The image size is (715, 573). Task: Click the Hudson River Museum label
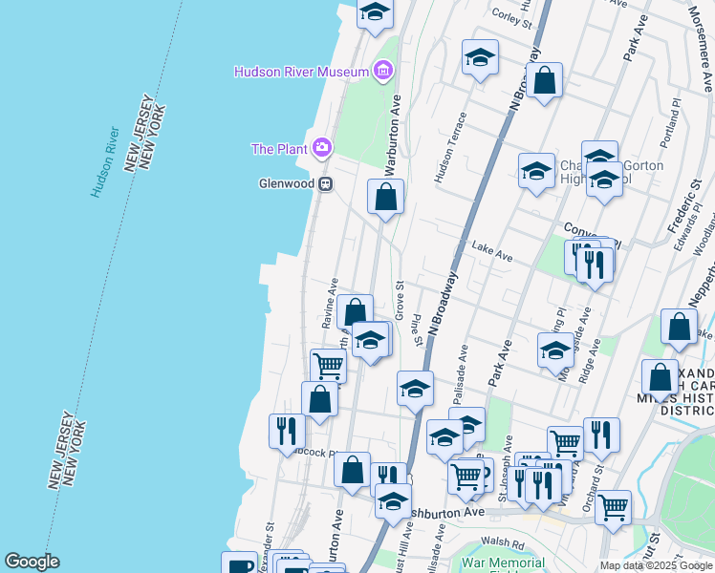coord(302,72)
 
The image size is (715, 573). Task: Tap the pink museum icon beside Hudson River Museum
coord(382,71)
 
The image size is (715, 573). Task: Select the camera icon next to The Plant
coord(322,147)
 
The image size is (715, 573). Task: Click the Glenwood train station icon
coord(325,183)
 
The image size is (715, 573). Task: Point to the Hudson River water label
coord(105,160)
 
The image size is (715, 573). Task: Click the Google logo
coord(32,561)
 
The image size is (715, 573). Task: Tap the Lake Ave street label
coord(492,252)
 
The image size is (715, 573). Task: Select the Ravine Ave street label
coord(330,303)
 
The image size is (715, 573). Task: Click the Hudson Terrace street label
coord(451,146)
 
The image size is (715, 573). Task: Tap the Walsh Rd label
coord(505,545)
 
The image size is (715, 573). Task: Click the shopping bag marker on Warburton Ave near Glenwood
coord(385,198)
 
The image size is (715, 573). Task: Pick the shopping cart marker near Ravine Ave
coord(328,366)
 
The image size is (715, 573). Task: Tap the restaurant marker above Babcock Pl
coord(287,432)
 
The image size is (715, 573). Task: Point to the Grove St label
coord(400,297)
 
